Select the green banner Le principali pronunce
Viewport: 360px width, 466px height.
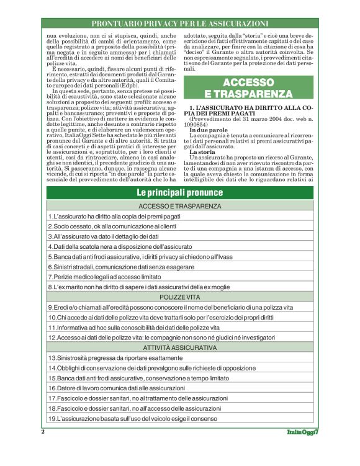point(180,192)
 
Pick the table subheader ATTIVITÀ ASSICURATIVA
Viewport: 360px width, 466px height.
point(180,348)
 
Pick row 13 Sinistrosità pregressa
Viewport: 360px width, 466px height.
point(124,358)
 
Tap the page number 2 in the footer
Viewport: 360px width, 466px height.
point(43,432)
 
